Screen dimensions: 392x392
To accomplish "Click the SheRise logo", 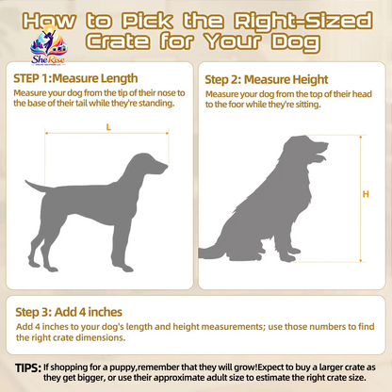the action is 49,45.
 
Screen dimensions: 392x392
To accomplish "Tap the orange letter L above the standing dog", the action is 108,127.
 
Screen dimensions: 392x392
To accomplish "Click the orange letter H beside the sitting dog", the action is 366,194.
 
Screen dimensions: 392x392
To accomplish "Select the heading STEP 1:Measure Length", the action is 75,78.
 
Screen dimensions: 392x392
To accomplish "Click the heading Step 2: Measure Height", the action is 267,79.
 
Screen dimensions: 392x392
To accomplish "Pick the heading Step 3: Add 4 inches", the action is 69,312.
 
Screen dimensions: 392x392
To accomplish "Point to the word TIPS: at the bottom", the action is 28,367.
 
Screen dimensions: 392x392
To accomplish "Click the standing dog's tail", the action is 35,187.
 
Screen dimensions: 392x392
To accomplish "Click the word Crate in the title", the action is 118,41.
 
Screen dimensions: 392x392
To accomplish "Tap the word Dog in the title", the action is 296,42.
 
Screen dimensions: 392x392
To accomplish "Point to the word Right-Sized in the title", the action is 302,21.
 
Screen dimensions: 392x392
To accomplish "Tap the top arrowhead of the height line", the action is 361,137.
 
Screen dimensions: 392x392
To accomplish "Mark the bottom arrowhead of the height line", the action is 361,260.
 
